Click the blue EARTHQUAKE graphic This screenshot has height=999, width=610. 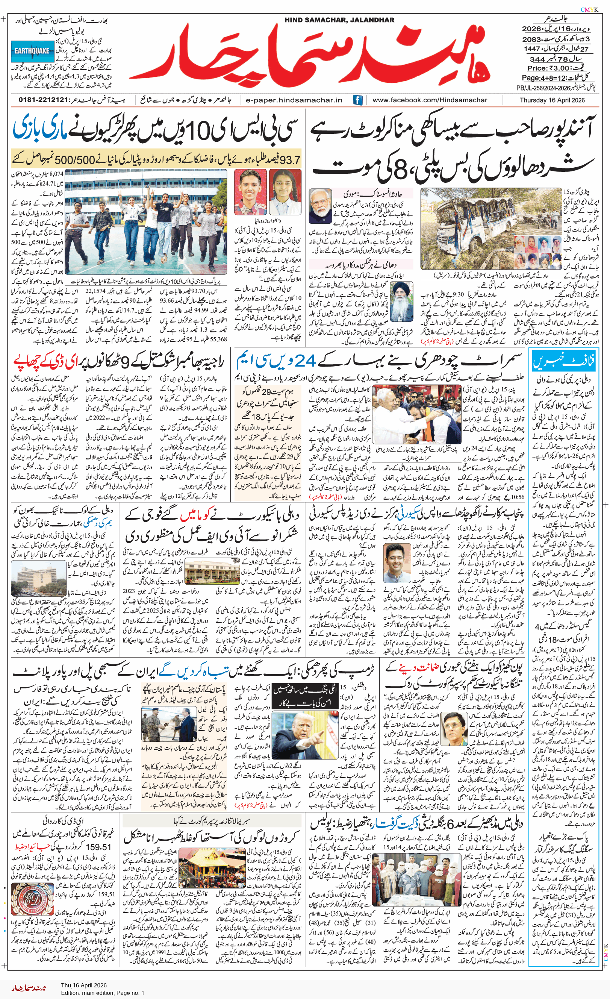click(x=32, y=51)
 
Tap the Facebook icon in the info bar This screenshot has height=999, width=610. click(x=357, y=100)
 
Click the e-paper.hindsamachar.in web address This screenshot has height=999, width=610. click(x=294, y=100)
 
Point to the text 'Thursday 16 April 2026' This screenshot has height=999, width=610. click(x=552, y=100)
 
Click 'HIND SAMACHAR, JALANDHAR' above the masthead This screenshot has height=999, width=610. click(x=339, y=20)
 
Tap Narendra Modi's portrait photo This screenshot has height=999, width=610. click(x=320, y=206)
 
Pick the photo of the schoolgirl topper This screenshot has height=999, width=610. click(x=285, y=192)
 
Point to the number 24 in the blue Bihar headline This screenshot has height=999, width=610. click(x=305, y=360)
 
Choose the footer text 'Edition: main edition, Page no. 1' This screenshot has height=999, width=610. click(x=103, y=993)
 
